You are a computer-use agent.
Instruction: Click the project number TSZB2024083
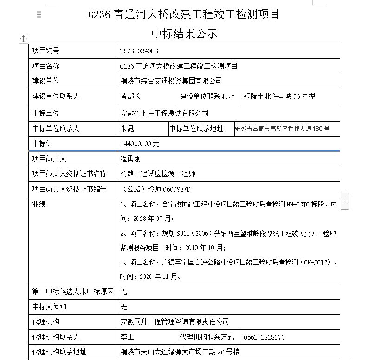[x=139, y=51]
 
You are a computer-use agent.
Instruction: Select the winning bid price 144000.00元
[x=140, y=144]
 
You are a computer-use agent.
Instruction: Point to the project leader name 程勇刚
[x=130, y=159]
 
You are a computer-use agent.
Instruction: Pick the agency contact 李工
[x=127, y=337]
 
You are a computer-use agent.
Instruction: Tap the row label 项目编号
[x=45, y=51]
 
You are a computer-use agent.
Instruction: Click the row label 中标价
[x=42, y=143]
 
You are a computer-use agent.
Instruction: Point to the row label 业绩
[x=39, y=204]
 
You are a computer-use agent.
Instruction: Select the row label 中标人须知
[x=49, y=307]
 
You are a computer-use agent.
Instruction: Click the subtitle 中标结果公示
[x=184, y=33]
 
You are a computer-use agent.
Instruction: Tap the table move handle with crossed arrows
[x=23, y=39]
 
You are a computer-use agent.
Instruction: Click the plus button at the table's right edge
[x=345, y=201]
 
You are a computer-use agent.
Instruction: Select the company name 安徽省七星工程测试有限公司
[x=164, y=113]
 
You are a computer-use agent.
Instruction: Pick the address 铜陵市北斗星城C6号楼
[x=280, y=96]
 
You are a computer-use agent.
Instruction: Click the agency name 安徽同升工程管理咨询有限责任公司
[x=174, y=321]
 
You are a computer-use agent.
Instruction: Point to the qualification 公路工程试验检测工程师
[x=158, y=174]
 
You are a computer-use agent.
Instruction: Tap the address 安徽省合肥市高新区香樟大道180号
[x=282, y=129]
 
